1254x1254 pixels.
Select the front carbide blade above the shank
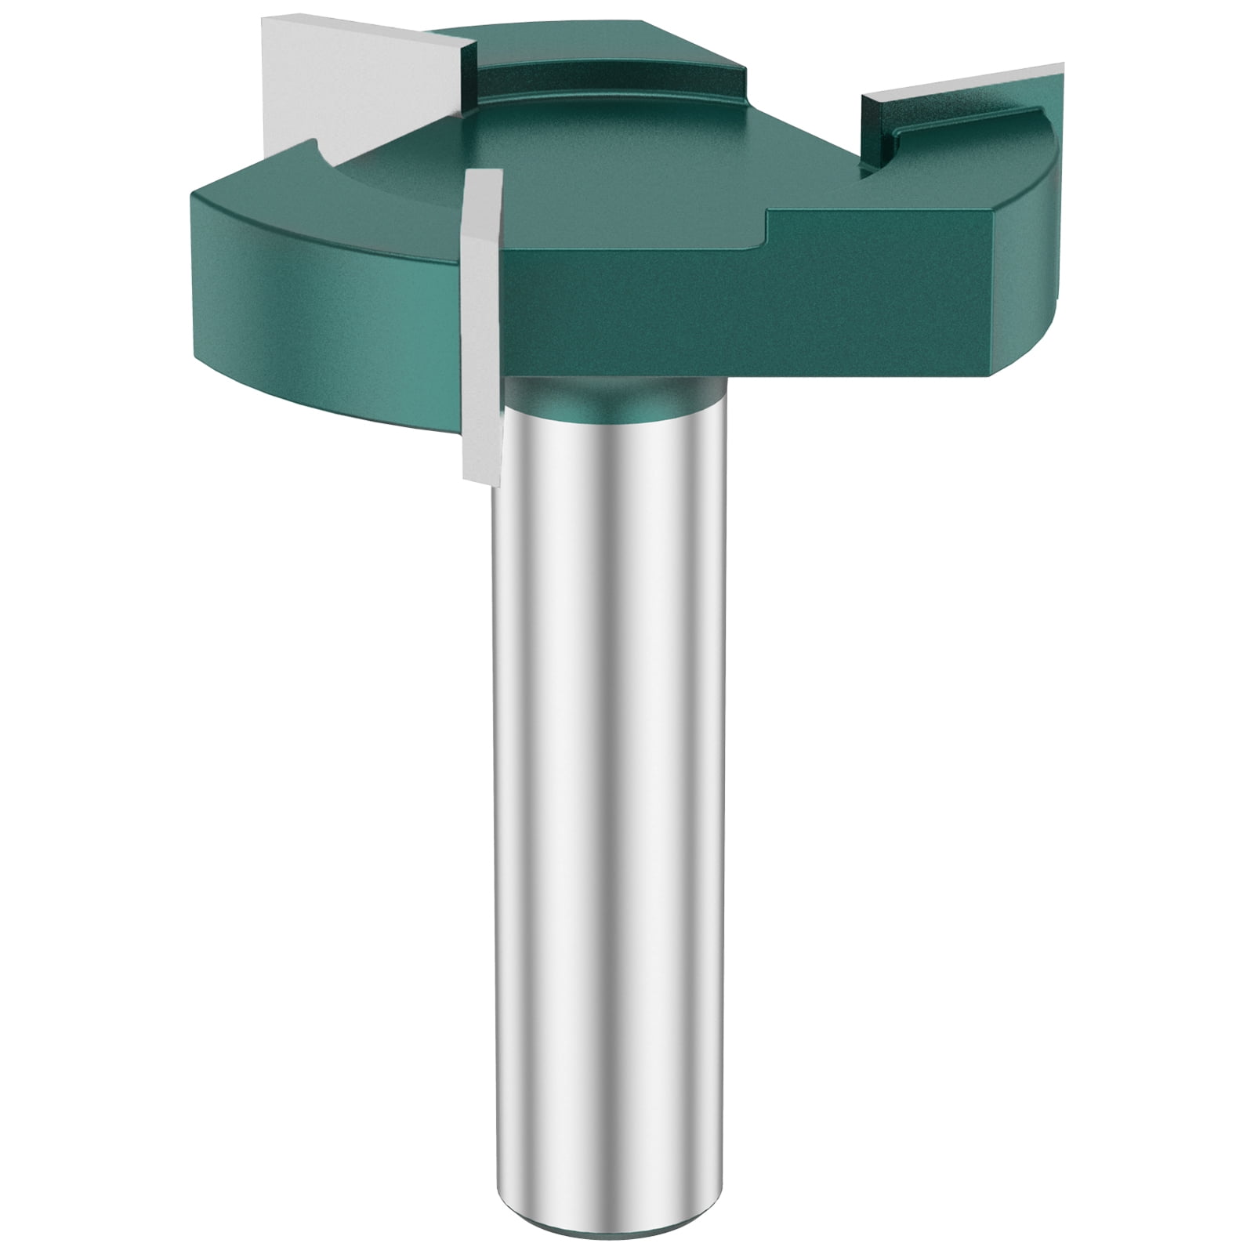pos(480,313)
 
